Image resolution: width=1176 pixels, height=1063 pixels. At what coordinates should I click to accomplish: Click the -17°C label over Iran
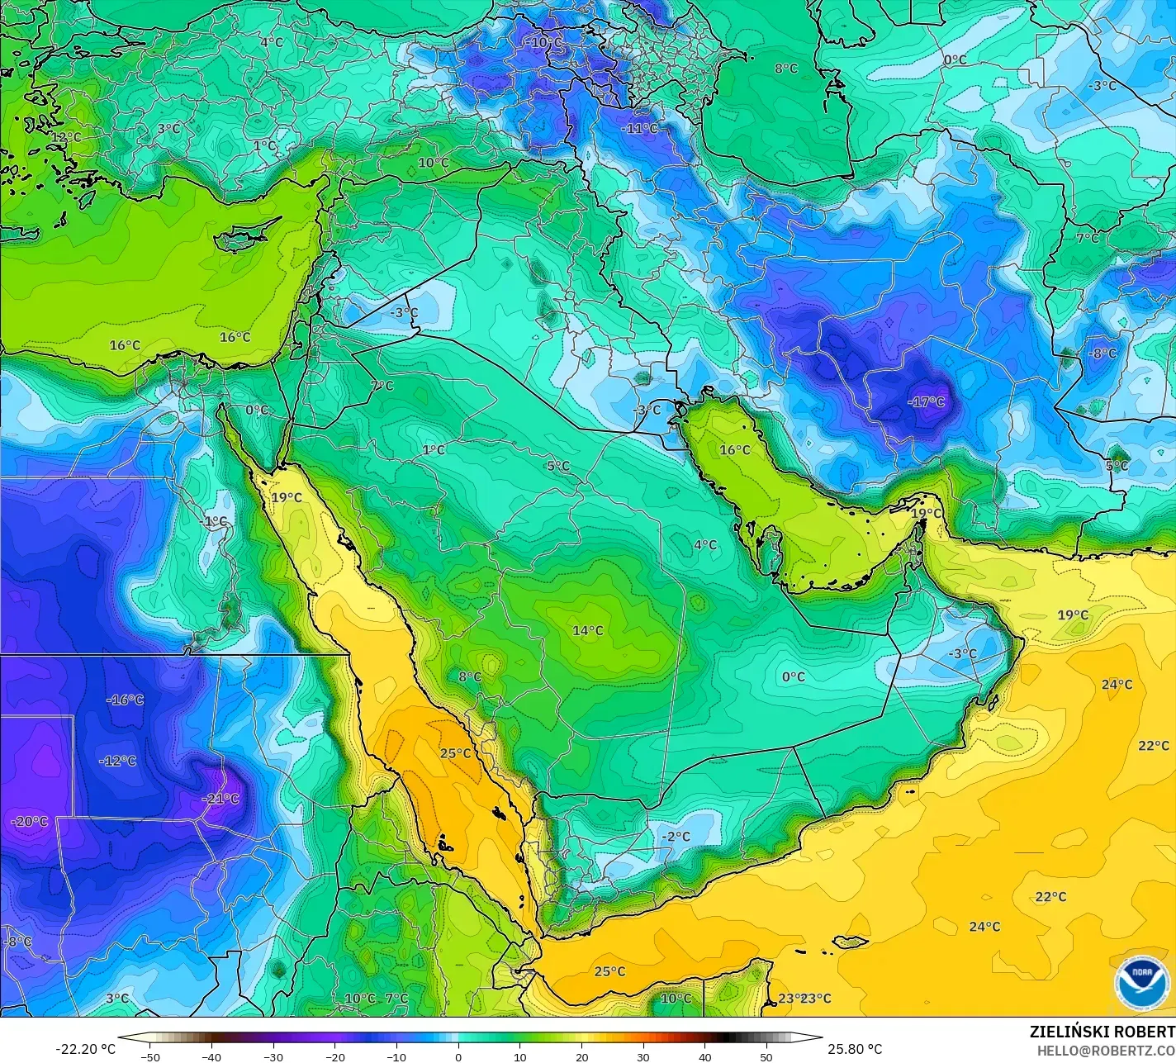pos(926,402)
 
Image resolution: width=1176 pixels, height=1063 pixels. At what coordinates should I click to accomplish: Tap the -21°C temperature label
pos(220,799)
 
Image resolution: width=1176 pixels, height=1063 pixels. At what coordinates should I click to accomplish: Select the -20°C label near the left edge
pos(30,822)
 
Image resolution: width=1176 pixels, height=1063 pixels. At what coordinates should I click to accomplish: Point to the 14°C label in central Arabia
pos(587,631)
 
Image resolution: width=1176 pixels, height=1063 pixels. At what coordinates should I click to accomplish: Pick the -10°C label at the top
pos(544,42)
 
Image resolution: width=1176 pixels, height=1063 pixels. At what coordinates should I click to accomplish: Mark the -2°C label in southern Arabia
pos(676,837)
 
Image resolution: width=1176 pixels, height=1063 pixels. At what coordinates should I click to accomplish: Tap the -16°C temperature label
pos(125,700)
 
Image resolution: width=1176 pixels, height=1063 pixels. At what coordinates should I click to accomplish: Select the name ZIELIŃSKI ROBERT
pos(1102,1032)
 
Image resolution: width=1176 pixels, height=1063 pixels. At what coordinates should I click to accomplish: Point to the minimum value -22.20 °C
pos(85,1049)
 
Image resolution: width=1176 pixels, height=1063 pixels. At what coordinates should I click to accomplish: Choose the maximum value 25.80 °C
pos(855,1049)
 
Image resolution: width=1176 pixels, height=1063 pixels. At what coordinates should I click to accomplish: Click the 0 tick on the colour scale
pos(458,1056)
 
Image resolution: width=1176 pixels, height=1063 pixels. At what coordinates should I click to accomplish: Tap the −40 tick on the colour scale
pos(211,1056)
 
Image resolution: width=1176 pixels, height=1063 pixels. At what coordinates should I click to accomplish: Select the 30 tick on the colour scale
pos(643,1056)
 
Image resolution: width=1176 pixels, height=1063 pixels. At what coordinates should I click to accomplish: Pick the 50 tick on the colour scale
pos(766,1056)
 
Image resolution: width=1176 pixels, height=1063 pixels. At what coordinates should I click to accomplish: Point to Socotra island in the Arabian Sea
pos(850,942)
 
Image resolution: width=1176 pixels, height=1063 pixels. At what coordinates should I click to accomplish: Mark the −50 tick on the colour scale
pos(149,1056)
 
